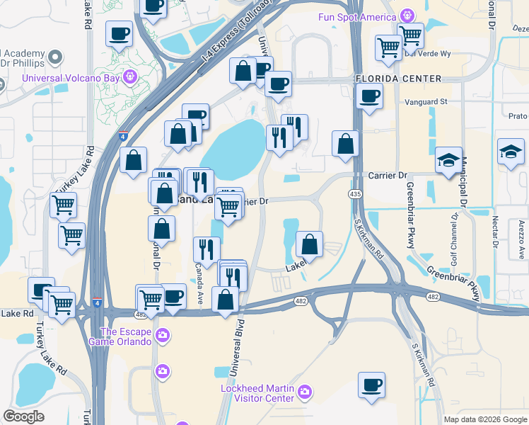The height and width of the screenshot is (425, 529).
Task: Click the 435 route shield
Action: coord(356,193)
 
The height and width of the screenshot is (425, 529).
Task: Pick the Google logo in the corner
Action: coord(24,416)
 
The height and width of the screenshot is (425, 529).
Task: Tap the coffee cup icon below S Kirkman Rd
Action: coord(371,385)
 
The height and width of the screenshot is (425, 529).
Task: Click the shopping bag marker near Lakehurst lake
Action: coord(309,244)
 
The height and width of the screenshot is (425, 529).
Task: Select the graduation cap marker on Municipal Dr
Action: coord(448,160)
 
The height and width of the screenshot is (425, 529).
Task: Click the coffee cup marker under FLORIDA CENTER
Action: coord(368,96)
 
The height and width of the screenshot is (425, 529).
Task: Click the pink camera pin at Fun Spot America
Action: coord(407,15)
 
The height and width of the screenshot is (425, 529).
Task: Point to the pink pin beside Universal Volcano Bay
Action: coord(129,76)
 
